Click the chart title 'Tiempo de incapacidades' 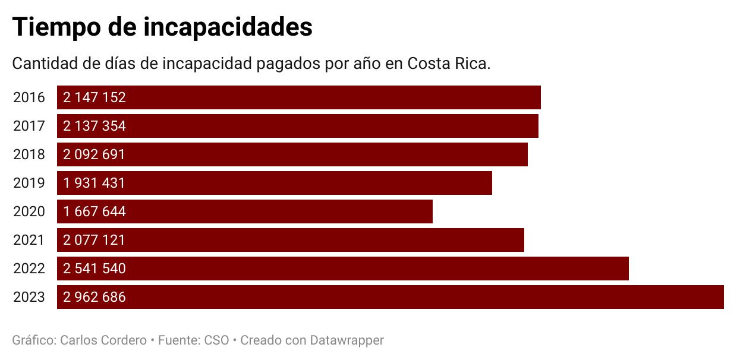click(x=162, y=27)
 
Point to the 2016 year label click(x=29, y=97)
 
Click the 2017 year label click(x=29, y=126)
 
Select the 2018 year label click(x=29, y=154)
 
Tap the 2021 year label click(x=29, y=240)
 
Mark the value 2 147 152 click(x=95, y=97)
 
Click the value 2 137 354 click(x=95, y=126)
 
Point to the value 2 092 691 click(x=95, y=154)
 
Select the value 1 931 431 click(x=95, y=183)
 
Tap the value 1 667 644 click(x=95, y=211)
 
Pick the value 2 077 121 click(x=95, y=240)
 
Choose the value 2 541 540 click(x=95, y=269)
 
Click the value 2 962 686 click(x=95, y=297)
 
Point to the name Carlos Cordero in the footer click(x=103, y=340)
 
